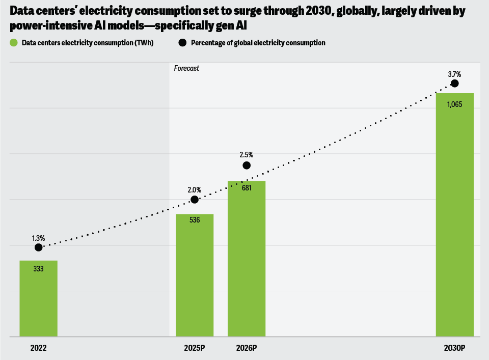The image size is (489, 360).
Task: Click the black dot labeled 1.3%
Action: coord(39,247)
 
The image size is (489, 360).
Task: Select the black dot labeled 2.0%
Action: coord(194,200)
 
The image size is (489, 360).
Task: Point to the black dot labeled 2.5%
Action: coord(247,165)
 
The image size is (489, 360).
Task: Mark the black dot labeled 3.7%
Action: coord(455,84)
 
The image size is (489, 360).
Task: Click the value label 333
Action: coord(38,268)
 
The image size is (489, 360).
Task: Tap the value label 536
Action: coord(195,220)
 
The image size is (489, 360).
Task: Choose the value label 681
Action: coord(247,187)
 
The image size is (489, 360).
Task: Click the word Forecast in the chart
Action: coord(186,68)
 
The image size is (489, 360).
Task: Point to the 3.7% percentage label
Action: coord(454,74)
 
